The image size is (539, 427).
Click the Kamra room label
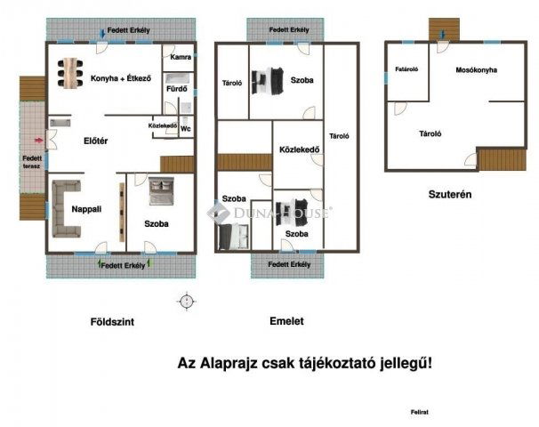tap(181, 57)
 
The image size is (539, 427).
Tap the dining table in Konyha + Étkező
tap(70, 73)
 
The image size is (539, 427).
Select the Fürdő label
tap(177, 89)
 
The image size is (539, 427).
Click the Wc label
tap(186, 129)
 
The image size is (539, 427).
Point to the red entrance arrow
tap(39, 140)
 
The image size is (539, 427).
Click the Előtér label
tap(96, 141)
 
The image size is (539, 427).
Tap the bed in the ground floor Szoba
tap(161, 190)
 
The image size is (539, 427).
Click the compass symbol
tap(187, 302)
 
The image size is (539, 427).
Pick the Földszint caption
tap(112, 322)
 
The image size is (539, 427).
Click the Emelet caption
tap(286, 321)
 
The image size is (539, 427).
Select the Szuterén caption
tap(450, 194)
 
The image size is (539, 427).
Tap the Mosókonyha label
tap(477, 70)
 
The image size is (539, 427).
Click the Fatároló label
tap(406, 69)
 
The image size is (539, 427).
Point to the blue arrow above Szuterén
tap(443, 35)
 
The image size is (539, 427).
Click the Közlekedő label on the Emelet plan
tap(300, 149)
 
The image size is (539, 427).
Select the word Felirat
tap(420, 412)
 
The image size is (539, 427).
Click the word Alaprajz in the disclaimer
tap(229, 364)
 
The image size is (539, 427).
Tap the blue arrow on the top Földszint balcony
tap(102, 34)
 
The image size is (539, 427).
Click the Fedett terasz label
tap(32, 162)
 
